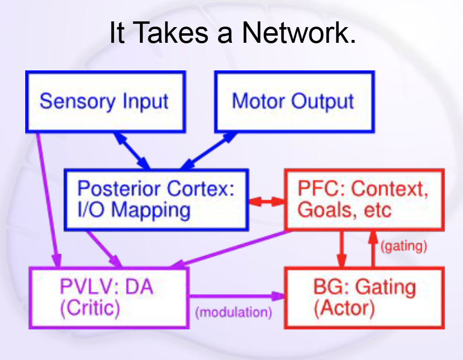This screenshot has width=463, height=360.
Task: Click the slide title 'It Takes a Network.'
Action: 232,33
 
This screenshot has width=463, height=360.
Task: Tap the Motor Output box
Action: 294,101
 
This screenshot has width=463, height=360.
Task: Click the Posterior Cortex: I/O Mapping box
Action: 156,199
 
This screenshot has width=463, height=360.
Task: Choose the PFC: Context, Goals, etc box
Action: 364,199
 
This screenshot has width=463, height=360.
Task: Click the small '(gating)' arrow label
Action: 404,246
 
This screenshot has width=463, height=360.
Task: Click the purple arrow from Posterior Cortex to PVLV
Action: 104,248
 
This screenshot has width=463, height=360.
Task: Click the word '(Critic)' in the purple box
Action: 90,308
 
